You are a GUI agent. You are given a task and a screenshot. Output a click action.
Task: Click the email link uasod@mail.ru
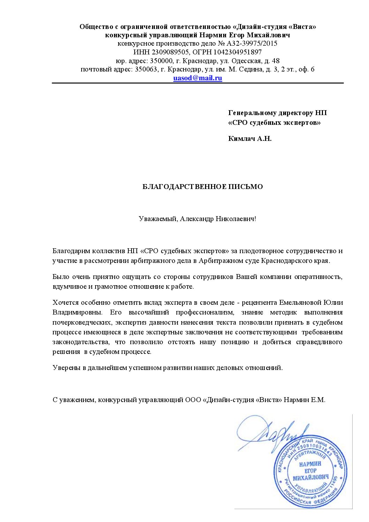pyautogui.click(x=198, y=78)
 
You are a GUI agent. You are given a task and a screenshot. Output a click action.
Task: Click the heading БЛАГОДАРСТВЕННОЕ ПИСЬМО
pyautogui.click(x=203, y=187)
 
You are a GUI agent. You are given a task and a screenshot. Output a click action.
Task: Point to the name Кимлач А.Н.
pyautogui.click(x=250, y=138)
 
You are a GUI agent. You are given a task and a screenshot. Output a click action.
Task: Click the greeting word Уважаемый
pyautogui.click(x=158, y=219)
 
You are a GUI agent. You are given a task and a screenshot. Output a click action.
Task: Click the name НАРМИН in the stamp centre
pyautogui.click(x=310, y=464)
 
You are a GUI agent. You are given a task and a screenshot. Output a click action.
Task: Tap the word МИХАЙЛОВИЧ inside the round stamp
pyautogui.click(x=310, y=477)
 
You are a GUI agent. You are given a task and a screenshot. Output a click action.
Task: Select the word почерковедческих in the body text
pyautogui.click(x=81, y=322)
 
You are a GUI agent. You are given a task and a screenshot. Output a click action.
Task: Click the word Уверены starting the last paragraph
pyautogui.click(x=64, y=368)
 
